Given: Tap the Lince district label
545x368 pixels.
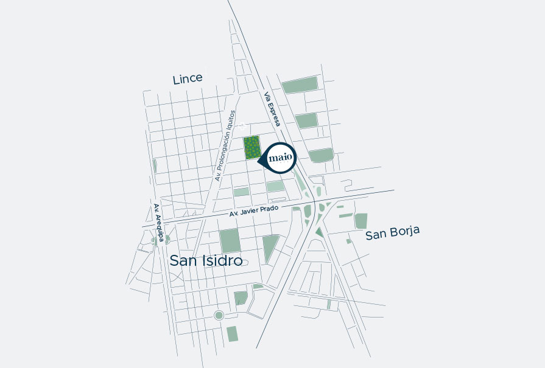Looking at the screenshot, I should (187, 79).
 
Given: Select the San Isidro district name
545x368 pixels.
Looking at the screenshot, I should (206, 260).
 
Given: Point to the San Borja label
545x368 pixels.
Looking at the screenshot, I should (393, 234).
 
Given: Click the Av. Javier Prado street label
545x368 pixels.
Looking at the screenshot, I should (254, 211).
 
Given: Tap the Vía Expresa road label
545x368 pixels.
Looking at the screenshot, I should (272, 109).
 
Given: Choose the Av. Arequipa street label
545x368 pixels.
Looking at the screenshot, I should (158, 223).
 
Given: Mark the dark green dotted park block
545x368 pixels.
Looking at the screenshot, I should (252, 148).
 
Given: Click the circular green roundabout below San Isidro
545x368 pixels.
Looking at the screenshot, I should (219, 315).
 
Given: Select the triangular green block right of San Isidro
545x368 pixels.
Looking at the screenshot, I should (270, 247).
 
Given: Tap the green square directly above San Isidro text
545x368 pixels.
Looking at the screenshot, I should (230, 241).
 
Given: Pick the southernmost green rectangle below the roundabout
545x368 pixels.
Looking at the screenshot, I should (232, 334).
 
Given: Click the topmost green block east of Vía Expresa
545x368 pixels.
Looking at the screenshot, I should (300, 85).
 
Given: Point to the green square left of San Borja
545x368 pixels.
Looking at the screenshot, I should (361, 221).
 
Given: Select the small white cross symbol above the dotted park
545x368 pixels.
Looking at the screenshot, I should (241, 127).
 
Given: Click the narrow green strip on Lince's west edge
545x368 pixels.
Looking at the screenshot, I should (154, 165).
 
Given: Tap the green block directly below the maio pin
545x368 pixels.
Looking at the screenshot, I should (275, 186).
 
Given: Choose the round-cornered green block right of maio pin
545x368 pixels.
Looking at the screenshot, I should (321, 155).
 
